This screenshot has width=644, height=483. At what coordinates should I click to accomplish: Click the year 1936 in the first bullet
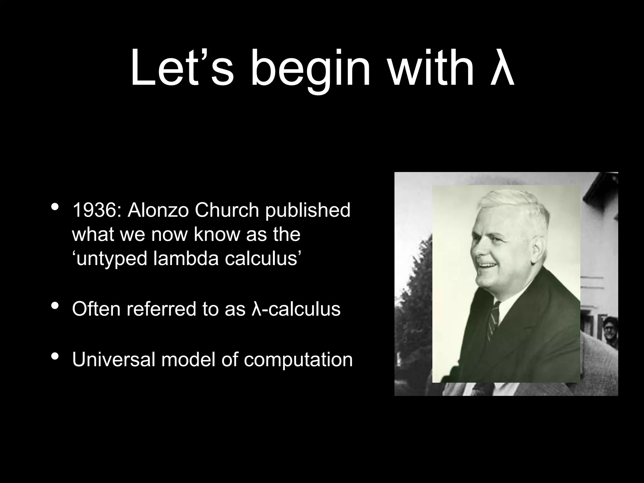pos(94,210)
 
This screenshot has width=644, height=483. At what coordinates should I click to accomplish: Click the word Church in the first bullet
pos(227,210)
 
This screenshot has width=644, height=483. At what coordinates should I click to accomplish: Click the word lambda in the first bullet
pos(186,258)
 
